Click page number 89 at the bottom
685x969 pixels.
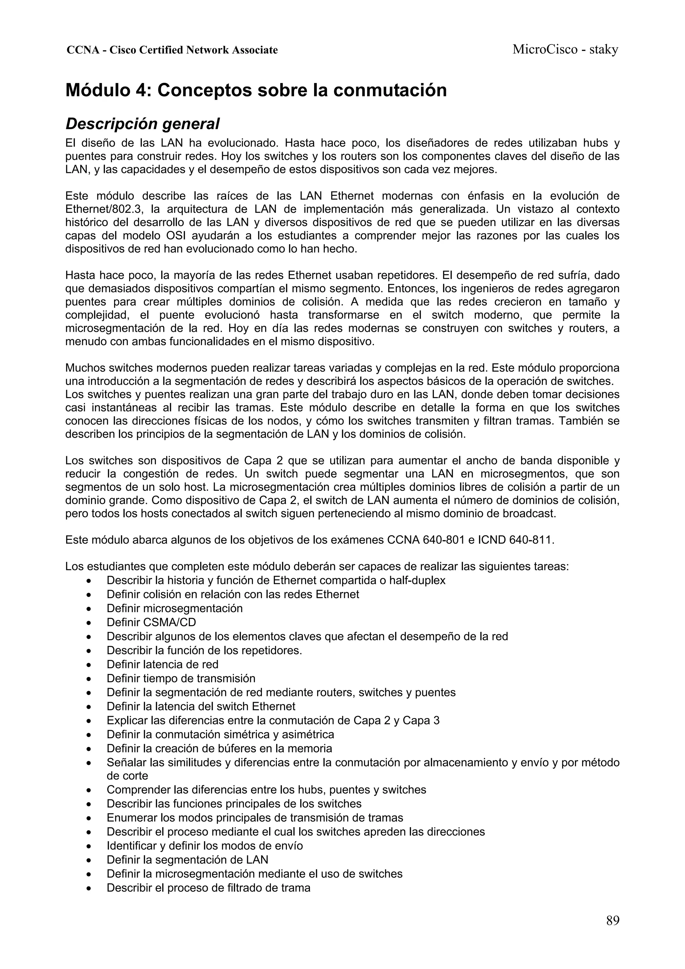(x=612, y=920)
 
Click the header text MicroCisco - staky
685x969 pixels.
(x=565, y=50)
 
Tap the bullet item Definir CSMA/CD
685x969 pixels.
(x=151, y=622)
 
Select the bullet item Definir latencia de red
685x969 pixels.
(x=163, y=665)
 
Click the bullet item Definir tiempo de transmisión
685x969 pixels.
(x=181, y=679)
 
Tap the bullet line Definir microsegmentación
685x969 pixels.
(x=174, y=608)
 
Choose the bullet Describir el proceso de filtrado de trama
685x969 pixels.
(x=208, y=888)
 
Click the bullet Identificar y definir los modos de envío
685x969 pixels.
(x=205, y=846)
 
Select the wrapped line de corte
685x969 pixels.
(x=127, y=776)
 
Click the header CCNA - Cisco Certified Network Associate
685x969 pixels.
(x=172, y=50)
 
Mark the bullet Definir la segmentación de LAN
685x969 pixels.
(x=187, y=860)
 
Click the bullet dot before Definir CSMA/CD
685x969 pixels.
(x=88, y=623)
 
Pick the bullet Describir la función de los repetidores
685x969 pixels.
(x=204, y=650)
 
